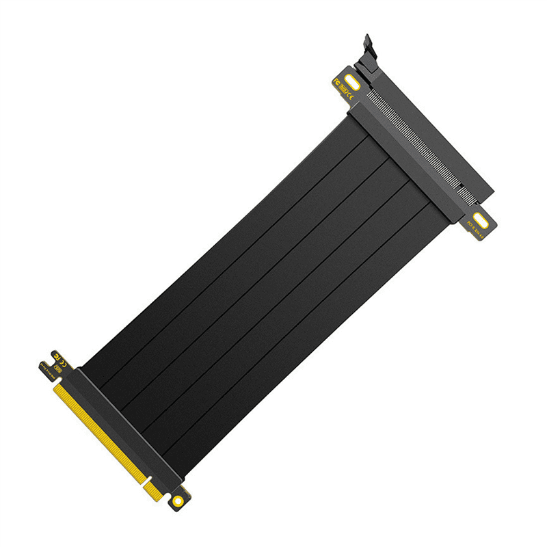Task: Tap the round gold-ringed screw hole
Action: (x=179, y=501)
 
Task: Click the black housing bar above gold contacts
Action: (x=130, y=424)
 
